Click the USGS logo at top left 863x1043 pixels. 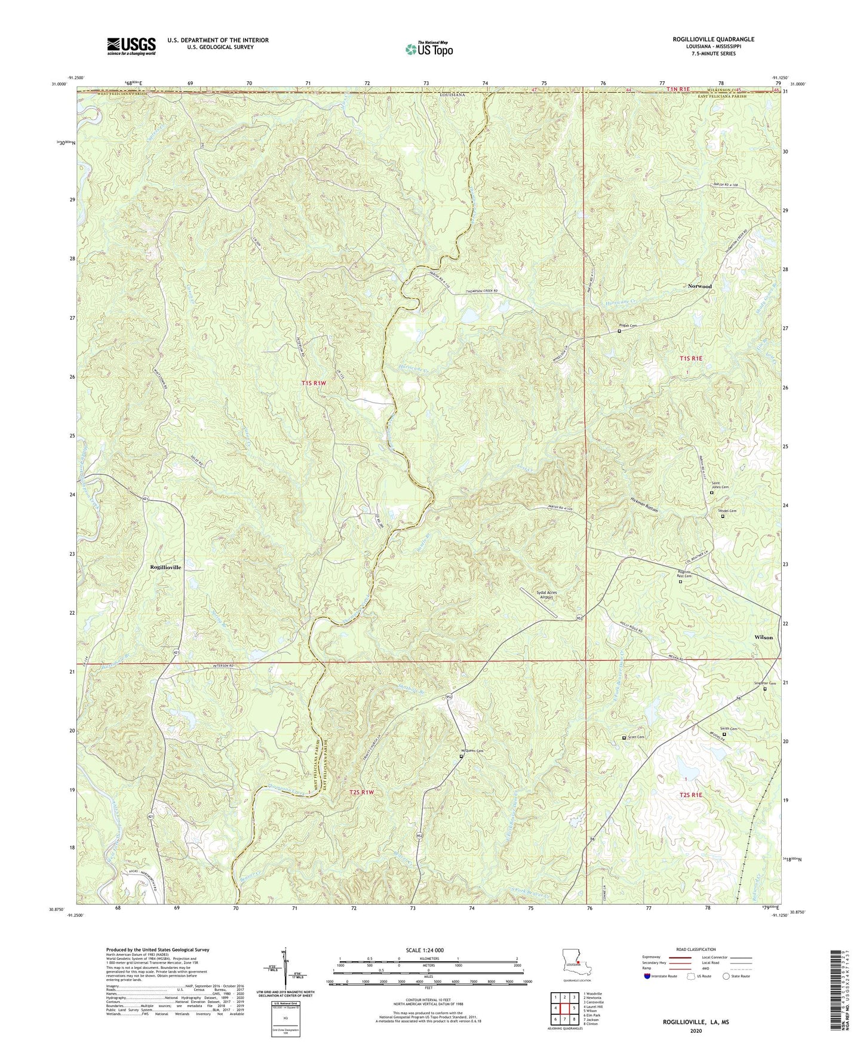click(131, 46)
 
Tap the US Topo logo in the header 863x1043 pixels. click(428, 49)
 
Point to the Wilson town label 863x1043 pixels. click(763, 637)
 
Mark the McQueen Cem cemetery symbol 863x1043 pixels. click(461, 757)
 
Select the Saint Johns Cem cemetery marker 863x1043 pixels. click(711, 493)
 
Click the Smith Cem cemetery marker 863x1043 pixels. click(725, 735)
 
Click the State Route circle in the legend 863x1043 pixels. click(726, 976)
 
